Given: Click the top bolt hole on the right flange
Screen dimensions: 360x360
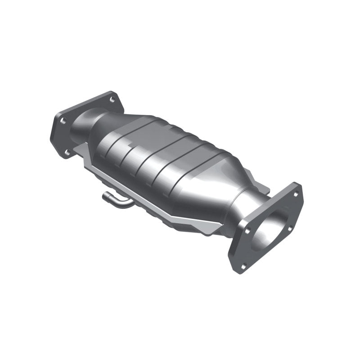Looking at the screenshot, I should [296, 194].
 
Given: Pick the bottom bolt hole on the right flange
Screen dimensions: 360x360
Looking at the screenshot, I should [243, 265].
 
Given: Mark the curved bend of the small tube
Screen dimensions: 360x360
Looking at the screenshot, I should [122, 206].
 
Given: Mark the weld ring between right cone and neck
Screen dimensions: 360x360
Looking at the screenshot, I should [234, 198].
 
